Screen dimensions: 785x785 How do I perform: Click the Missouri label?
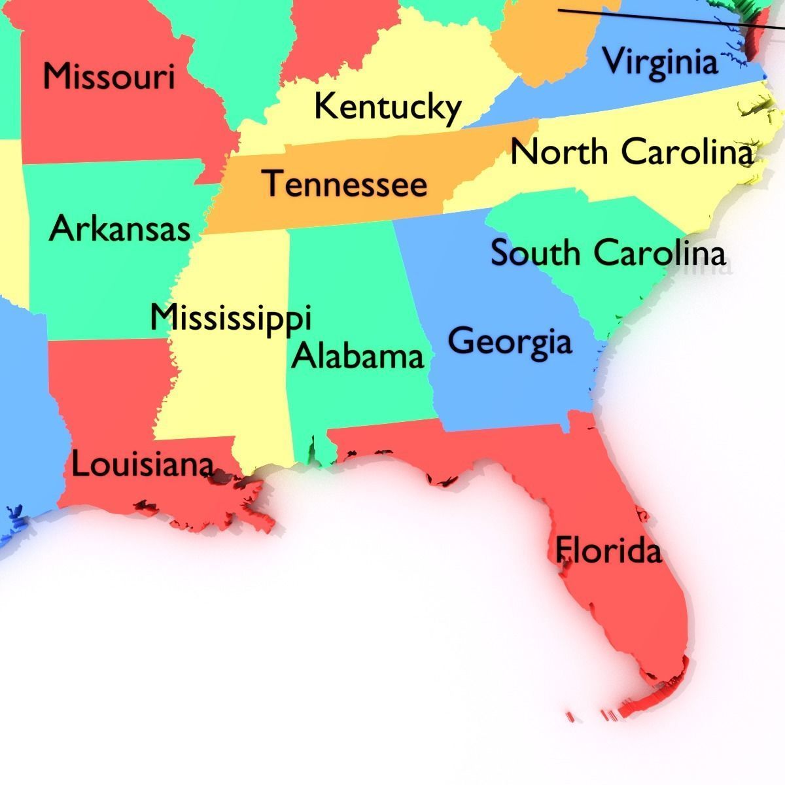click(109, 76)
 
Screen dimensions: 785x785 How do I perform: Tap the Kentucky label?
click(387, 107)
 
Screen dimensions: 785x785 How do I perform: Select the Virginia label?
click(659, 61)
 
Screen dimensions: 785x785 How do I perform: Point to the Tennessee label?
click(345, 184)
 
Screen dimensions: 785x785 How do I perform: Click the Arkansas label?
click(120, 229)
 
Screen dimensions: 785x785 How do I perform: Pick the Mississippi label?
click(230, 319)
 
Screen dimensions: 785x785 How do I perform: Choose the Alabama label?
click(358, 357)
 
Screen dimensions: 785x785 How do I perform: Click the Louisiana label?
click(142, 465)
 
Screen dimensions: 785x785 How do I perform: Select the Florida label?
click(608, 550)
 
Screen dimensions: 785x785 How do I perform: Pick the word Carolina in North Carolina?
click(686, 152)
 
